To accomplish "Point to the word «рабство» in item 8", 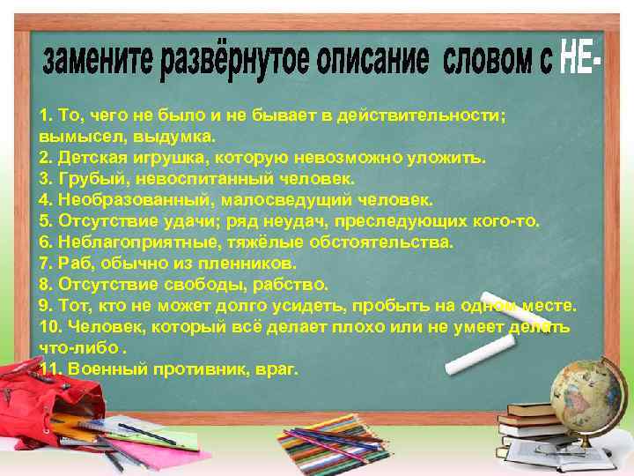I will point(295,284).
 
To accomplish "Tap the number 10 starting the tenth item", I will point(49,326).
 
